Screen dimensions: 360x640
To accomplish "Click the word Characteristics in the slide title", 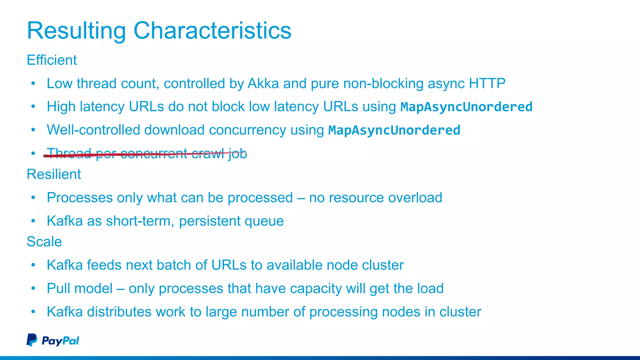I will [x=212, y=31].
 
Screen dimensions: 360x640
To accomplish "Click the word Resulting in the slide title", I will [x=76, y=31].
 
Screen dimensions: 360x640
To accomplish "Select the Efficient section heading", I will [x=52, y=60].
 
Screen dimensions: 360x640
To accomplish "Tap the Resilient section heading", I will [x=54, y=174].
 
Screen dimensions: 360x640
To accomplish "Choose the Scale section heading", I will [x=44, y=242].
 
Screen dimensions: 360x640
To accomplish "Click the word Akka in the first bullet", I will [x=263, y=83].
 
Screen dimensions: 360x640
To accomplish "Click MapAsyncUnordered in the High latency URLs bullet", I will [x=466, y=107].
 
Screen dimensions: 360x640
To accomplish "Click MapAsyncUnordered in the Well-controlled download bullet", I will [x=394, y=130].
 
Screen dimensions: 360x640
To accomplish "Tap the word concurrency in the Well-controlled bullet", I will [x=247, y=130].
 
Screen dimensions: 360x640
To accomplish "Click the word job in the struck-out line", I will [x=237, y=154].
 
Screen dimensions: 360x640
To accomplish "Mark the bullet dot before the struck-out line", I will [x=33, y=153].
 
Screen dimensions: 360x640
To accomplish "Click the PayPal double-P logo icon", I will [x=32, y=340].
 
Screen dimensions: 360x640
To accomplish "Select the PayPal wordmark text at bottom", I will [x=60, y=341].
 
